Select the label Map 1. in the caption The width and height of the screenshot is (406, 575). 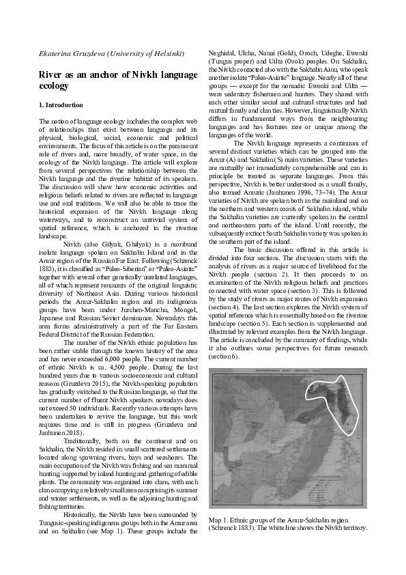[x=220, y=520]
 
